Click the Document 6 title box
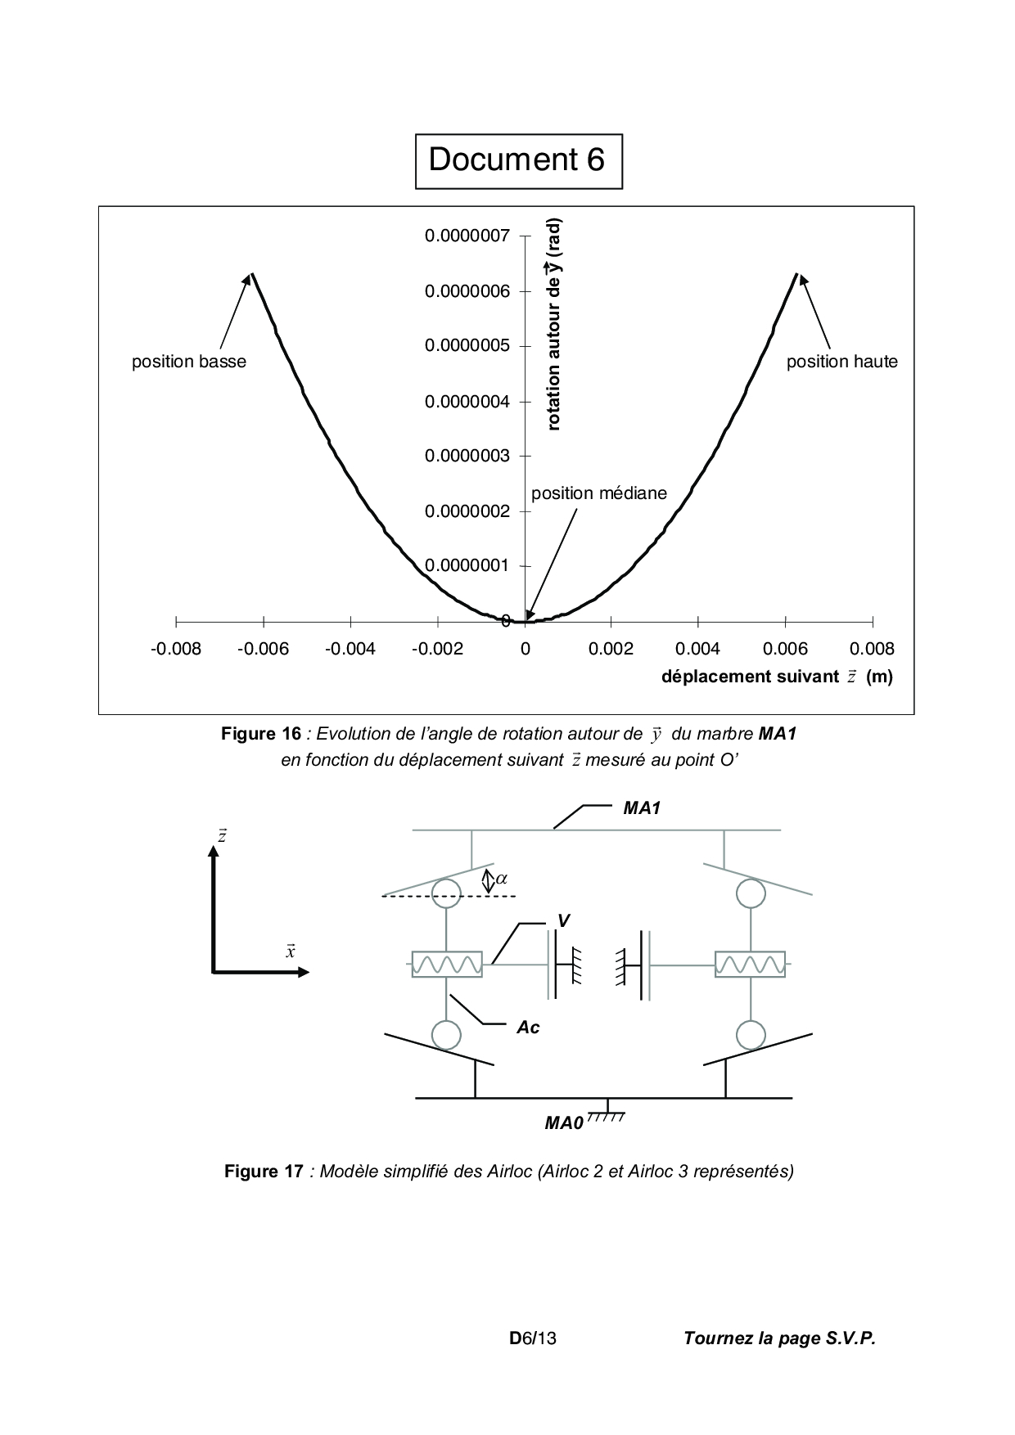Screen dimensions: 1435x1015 click(517, 160)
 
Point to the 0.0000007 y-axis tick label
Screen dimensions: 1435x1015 click(467, 236)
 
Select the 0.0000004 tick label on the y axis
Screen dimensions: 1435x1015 click(467, 402)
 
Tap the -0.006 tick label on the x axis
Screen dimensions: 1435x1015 click(263, 650)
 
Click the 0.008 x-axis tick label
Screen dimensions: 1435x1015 click(872, 650)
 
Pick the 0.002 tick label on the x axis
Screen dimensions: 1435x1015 click(611, 650)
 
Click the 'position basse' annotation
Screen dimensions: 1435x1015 click(189, 362)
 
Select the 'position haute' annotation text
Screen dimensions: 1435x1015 click(841, 362)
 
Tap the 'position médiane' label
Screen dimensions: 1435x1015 click(598, 493)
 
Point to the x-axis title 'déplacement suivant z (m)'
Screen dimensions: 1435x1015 click(776, 677)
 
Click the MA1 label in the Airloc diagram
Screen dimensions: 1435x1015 click(642, 808)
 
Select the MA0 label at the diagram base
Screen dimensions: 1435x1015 click(564, 1123)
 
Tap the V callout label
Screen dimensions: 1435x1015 click(562, 921)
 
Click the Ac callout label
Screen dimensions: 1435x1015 click(528, 1028)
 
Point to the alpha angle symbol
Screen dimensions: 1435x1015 click(502, 879)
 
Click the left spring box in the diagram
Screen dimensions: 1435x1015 click(447, 965)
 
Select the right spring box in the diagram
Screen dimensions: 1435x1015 click(750, 965)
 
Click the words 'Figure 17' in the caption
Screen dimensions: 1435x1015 click(263, 1172)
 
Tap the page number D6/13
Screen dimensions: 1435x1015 click(533, 1339)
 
